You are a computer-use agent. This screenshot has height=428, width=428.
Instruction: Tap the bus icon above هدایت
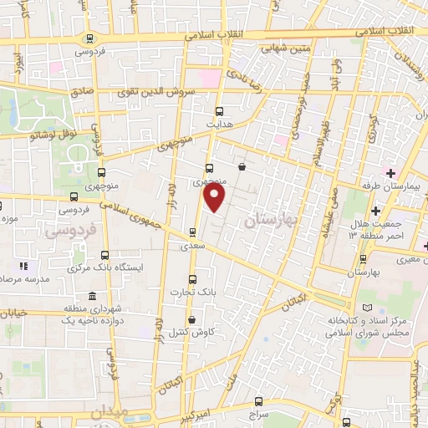(x=220, y=110)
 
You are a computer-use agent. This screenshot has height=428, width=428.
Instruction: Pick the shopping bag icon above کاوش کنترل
(x=193, y=318)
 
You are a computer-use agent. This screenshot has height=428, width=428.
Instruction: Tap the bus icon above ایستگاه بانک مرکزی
(x=104, y=255)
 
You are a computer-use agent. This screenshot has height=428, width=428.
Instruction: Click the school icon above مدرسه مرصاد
(x=23, y=266)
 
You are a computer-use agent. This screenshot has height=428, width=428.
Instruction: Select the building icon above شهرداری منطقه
(x=91, y=298)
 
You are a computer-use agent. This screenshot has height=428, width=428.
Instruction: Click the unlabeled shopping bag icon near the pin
(x=242, y=166)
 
